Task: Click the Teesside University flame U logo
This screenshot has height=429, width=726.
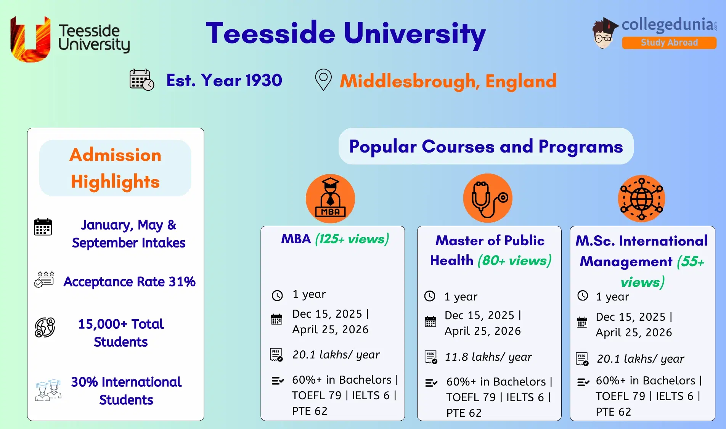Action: tap(31, 39)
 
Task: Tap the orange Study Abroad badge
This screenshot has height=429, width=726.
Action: tap(669, 43)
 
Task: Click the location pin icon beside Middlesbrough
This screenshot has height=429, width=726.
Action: tap(323, 79)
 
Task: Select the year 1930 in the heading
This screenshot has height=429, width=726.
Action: tap(263, 80)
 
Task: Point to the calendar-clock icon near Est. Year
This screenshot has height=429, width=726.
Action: tap(141, 80)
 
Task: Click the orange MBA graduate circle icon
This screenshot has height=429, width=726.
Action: tap(330, 199)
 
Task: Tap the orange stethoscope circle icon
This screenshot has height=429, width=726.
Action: tap(488, 198)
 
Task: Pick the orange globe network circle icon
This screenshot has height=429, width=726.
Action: tap(641, 199)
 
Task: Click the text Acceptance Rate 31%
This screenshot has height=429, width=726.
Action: tap(129, 282)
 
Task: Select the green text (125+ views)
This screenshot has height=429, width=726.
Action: tap(352, 239)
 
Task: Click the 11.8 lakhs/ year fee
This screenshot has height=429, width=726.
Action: tap(488, 357)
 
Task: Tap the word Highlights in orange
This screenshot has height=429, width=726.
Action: tap(115, 182)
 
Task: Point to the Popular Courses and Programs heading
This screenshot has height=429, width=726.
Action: tap(486, 146)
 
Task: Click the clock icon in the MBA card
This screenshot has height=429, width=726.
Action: tap(277, 295)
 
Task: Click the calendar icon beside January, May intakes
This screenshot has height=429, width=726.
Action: tap(43, 227)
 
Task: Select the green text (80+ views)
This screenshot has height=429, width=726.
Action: tap(514, 261)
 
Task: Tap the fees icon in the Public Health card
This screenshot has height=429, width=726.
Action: tap(431, 357)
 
